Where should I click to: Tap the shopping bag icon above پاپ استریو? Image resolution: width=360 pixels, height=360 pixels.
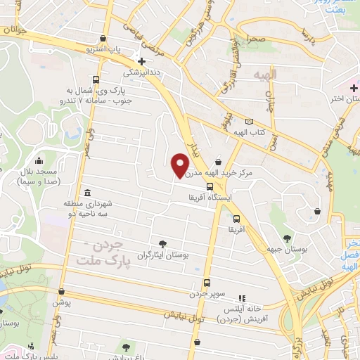pyautogui.click(x=104, y=39)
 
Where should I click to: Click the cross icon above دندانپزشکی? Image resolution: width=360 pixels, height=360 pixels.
pyautogui.click(x=142, y=61)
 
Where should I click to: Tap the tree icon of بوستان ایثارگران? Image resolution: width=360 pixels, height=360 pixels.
pyautogui.click(x=163, y=243)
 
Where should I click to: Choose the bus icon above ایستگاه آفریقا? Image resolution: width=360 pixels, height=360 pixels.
pyautogui.click(x=210, y=187)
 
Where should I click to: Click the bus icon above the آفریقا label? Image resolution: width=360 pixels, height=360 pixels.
pyautogui.click(x=236, y=218)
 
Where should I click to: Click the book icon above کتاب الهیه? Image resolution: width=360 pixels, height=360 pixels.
pyautogui.click(x=249, y=122)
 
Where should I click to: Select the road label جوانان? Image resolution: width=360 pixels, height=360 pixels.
pyautogui.click(x=15, y=30)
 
